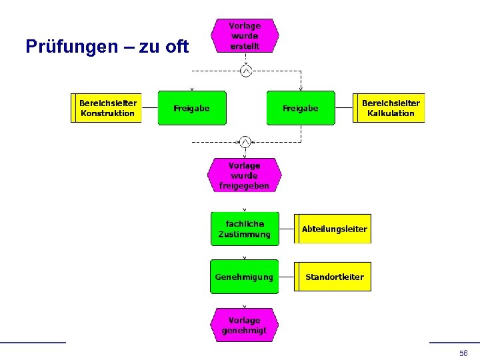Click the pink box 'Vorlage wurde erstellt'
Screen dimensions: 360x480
[x=245, y=36]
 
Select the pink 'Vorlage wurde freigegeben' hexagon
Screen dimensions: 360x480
[x=244, y=175]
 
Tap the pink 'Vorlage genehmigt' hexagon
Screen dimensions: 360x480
[x=244, y=325]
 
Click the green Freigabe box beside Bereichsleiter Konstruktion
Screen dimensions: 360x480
[x=192, y=108]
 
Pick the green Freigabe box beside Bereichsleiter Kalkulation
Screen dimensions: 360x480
[x=301, y=108]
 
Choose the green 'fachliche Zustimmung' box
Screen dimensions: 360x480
[x=245, y=229]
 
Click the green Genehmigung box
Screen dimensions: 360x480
[x=245, y=277]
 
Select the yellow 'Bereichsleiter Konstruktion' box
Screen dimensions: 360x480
[x=107, y=108]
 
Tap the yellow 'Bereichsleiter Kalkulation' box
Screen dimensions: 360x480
[x=389, y=108]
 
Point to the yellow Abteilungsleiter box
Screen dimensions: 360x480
[x=333, y=229]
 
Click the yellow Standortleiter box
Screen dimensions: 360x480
[x=333, y=277]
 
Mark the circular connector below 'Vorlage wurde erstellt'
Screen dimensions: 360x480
[x=245, y=71]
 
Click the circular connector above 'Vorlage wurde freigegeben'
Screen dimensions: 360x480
[x=245, y=141]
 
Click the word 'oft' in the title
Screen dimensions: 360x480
[x=177, y=47]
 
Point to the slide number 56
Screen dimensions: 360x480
[x=463, y=353]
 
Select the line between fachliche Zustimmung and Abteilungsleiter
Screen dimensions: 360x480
[x=287, y=229]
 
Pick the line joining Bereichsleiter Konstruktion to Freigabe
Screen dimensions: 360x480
[x=150, y=108]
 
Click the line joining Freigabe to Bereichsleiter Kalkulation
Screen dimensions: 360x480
[x=344, y=108]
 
